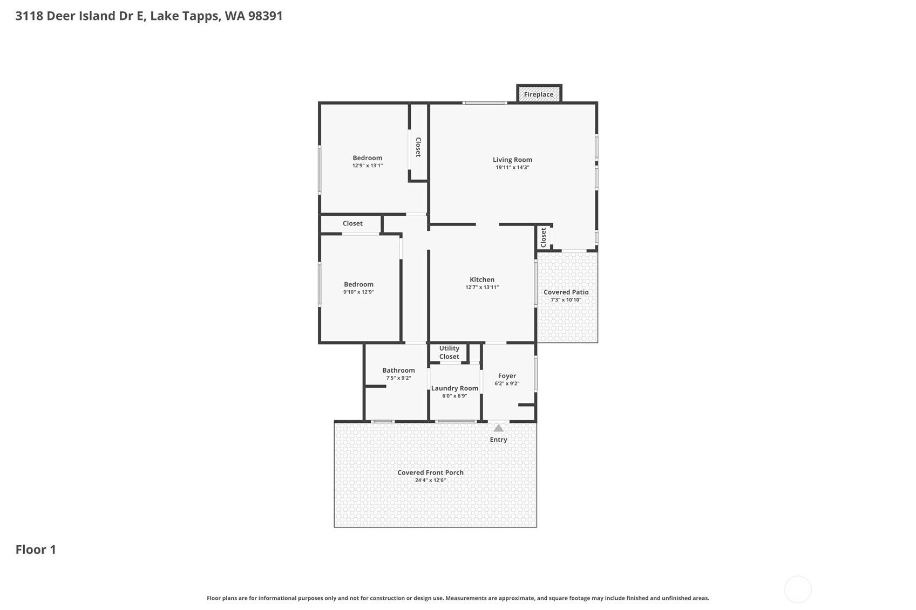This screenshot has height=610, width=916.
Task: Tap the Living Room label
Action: point(512,160)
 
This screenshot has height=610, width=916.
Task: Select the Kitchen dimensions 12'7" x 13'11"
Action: point(482,287)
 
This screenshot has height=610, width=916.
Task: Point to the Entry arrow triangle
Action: point(499,428)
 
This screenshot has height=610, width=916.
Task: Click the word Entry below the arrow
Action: point(499,440)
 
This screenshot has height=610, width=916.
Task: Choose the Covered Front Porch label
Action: point(431,472)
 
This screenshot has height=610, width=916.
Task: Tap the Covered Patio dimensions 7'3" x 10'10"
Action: point(566,300)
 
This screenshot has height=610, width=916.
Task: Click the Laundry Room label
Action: point(454,388)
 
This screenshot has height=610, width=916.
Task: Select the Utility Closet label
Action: point(450,353)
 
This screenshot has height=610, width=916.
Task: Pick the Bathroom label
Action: point(399,371)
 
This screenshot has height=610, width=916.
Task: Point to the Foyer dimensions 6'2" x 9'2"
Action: point(507,383)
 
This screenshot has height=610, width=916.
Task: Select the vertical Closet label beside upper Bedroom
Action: point(418,147)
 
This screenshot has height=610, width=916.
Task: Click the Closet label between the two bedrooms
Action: point(352,223)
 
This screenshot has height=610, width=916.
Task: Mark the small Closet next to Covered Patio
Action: point(544,238)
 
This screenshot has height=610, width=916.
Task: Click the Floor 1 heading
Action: point(36,550)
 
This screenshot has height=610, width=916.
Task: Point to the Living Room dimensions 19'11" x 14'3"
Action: point(513,168)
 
